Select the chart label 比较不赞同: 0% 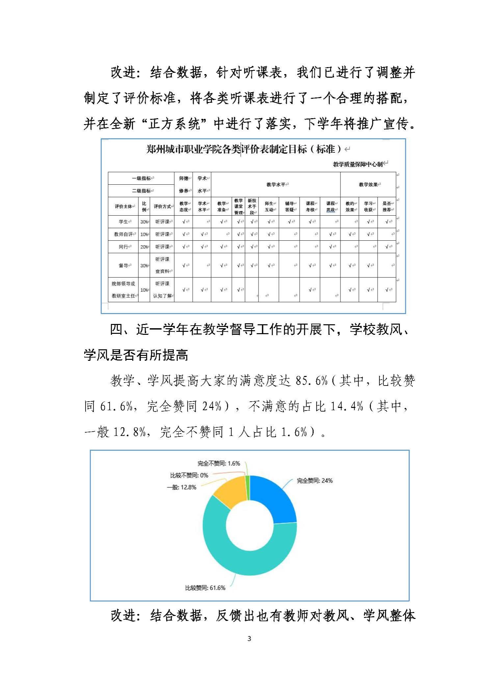189,475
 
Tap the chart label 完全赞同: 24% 314,480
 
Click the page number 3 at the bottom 249,638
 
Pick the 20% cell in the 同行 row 144,247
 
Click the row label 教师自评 123,234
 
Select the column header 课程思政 330,206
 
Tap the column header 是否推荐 387,206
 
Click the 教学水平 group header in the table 276,184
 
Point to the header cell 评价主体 123,206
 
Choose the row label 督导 123,265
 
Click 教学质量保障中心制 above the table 358,164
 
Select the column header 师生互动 269,206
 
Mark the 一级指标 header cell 141,178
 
